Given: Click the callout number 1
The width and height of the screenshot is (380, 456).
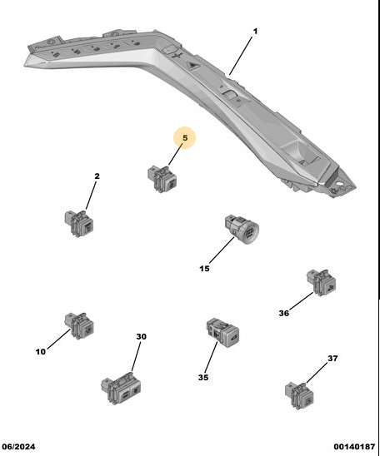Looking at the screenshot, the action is click(255, 31).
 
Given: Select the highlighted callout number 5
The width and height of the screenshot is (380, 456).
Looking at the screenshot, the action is click(185, 138).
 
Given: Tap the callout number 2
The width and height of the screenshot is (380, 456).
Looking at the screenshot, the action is click(97, 176).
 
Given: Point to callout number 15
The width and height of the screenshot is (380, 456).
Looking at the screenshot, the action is click(204, 269).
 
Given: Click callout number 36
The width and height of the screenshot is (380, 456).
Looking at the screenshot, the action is click(284, 313).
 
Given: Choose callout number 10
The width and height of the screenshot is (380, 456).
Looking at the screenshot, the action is click(41, 352).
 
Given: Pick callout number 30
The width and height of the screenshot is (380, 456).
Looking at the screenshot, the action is click(141, 336).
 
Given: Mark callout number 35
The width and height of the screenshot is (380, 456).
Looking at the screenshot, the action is click(203, 377).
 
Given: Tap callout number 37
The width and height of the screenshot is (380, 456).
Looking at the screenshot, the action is click(332, 359).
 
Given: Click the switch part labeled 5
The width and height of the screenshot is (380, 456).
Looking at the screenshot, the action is click(162, 179).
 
